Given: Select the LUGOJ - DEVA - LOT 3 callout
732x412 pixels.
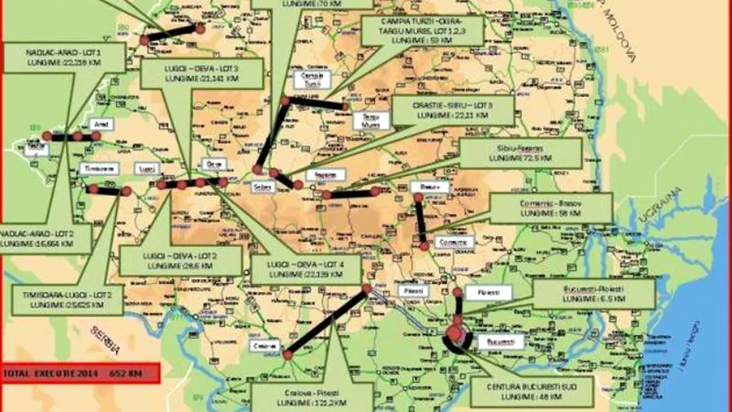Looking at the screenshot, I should pos(201,73).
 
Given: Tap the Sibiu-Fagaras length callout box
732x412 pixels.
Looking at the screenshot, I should pos(520,153).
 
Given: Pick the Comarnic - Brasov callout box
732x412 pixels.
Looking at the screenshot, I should pos(551,208).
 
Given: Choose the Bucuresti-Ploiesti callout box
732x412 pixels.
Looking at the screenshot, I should pos(594,294).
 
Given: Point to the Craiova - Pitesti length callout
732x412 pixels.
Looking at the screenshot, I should pos(312,398).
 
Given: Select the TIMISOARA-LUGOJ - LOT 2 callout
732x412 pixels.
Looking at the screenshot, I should pos(67,299).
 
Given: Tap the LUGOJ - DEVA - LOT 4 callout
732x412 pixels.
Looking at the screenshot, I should pos(306,269).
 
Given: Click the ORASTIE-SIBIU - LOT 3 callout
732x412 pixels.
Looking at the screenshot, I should pos(452,110).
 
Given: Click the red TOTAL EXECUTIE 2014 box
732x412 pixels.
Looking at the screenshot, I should pos(80,373).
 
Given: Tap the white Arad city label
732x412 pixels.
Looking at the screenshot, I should pos(102,124).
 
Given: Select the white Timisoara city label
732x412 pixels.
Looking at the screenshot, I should pos(99,168).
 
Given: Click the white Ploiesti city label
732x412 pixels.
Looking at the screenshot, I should pos(488,292).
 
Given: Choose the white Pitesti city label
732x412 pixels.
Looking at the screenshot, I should pos(413,290).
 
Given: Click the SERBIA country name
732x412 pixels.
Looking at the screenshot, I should pos(105,339).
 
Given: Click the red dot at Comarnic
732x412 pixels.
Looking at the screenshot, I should pos(424,245).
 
